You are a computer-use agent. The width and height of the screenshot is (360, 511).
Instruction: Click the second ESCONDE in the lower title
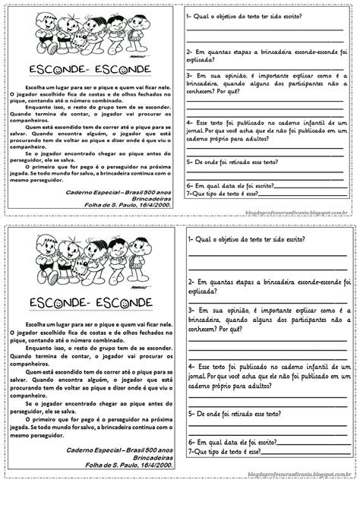pyautogui.click(x=125, y=304)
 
